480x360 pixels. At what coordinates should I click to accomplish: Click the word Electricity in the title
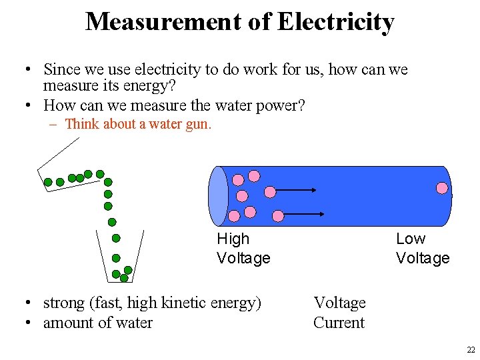tap(335, 22)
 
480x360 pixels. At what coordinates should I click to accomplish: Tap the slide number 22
tap(471, 350)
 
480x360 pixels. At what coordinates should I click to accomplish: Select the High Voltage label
tap(243, 248)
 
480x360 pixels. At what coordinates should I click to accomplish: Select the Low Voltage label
tap(422, 248)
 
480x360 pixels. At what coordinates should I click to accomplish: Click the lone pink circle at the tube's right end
tap(442, 188)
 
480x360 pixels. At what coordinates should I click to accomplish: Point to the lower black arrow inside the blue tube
tap(304, 215)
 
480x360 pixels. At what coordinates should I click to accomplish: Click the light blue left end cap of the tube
tap(218, 196)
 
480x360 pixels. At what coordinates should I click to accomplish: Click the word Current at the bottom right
tap(339, 323)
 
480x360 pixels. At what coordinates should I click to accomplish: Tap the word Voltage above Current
tap(339, 303)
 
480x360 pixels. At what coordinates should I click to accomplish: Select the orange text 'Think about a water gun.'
tap(138, 124)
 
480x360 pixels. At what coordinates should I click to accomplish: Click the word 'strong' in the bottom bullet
tap(63, 303)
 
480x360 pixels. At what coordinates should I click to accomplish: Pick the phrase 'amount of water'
tap(97, 323)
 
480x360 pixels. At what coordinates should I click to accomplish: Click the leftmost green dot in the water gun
tap(48, 181)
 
